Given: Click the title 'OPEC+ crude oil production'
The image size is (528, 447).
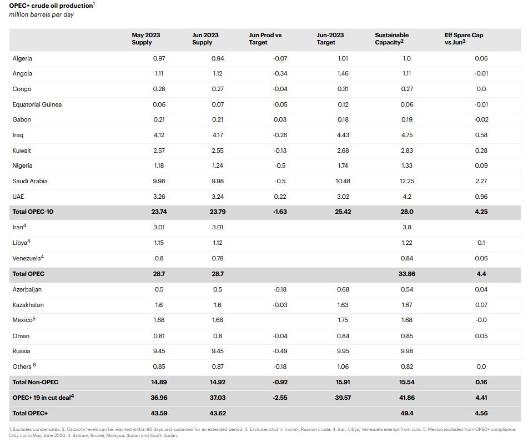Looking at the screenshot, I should (x=51, y=6).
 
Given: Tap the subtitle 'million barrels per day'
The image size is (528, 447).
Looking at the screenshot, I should (x=42, y=14).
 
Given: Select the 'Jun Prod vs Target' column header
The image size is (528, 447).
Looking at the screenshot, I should (x=265, y=38).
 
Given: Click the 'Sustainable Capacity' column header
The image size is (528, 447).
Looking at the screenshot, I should (x=391, y=38).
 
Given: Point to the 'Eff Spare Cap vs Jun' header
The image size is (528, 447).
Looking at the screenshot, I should (x=464, y=38).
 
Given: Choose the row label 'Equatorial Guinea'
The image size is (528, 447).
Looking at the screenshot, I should (x=37, y=104).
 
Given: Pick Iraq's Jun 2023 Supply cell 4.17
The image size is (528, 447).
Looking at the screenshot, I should (x=217, y=135).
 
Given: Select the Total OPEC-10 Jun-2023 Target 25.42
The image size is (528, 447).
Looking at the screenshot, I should (x=343, y=212).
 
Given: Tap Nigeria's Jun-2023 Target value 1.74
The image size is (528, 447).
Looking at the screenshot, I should (x=343, y=165).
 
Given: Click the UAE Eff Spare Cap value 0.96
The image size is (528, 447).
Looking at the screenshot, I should (x=481, y=197).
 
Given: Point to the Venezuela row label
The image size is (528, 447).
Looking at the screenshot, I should (x=28, y=258).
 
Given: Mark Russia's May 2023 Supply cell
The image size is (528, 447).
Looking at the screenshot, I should (x=158, y=351).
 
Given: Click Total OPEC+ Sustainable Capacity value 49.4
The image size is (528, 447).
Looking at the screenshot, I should (x=406, y=413).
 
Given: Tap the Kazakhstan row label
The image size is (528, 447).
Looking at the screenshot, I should (x=28, y=305).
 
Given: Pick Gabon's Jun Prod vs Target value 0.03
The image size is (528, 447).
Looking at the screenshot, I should (x=280, y=119).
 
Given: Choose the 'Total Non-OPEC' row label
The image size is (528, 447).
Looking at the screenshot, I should (x=35, y=382).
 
